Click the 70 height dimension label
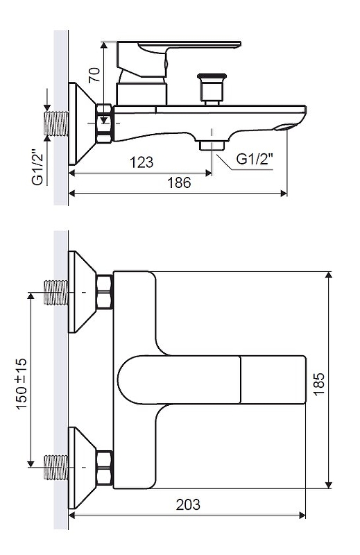pyautogui.click(x=94, y=75)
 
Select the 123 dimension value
pyautogui.click(x=142, y=162)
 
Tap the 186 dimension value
pyautogui.click(x=179, y=182)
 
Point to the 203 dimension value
pyautogui.click(x=188, y=504)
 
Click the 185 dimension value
pyautogui.click(x=319, y=384)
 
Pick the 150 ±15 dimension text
pyautogui.click(x=22, y=384)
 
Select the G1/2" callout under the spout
pyautogui.click(x=255, y=159)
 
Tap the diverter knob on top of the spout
pyautogui.click(x=212, y=89)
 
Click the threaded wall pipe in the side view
pyautogui.click(x=56, y=123)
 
